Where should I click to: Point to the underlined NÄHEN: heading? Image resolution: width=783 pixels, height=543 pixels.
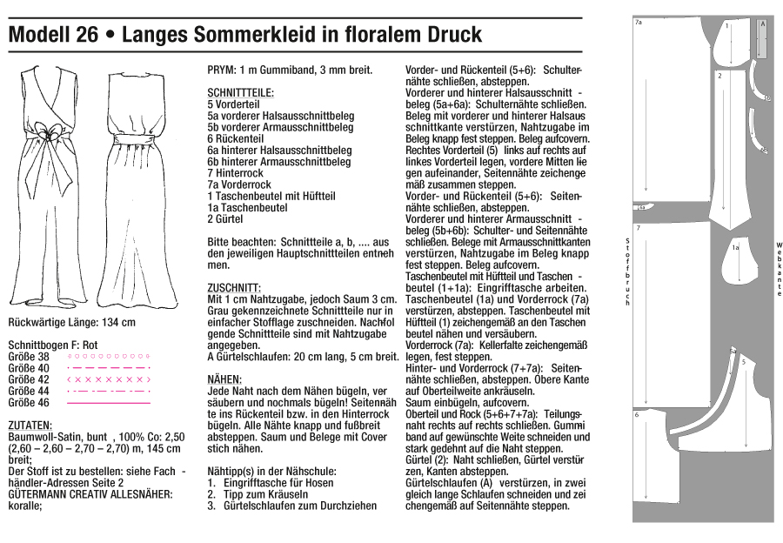224,380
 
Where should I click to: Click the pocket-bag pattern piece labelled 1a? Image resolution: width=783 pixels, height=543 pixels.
738,252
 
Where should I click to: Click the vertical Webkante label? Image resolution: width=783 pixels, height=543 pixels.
780,270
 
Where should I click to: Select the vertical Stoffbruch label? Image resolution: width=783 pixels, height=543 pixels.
627,271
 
